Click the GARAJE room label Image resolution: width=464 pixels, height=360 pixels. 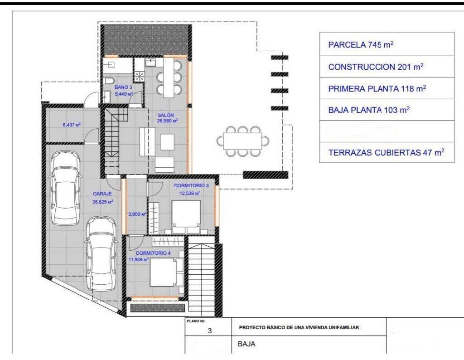[x=102, y=194]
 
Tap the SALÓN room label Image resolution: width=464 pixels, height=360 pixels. [x=166, y=115]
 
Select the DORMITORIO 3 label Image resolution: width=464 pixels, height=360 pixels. [x=191, y=185]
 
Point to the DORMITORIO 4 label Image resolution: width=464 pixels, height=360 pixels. [x=153, y=253]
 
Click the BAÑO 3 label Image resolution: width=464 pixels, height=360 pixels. [x=123, y=88]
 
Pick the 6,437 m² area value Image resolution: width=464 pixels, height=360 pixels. [x=72, y=125]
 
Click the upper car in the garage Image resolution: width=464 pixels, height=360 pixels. [x=65, y=188]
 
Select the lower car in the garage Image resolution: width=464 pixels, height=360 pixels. [x=101, y=254]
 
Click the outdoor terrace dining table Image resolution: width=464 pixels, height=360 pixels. [x=243, y=141]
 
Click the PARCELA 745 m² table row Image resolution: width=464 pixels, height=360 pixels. [x=387, y=44]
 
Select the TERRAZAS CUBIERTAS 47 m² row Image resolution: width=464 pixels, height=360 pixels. [x=387, y=152]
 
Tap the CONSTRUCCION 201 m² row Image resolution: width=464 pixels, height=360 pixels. [x=387, y=67]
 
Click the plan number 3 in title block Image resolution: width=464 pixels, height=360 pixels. [x=210, y=331]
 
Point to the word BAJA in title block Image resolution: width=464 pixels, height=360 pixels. [x=246, y=344]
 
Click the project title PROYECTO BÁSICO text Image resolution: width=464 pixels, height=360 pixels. [x=299, y=327]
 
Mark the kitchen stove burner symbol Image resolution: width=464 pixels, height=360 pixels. [x=139, y=76]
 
